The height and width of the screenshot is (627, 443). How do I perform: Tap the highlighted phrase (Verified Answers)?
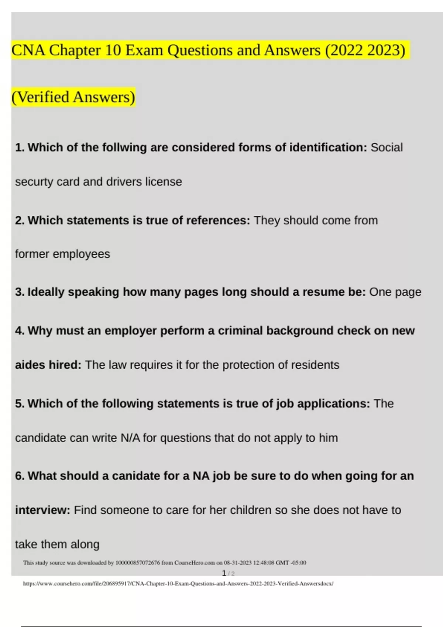click(73, 97)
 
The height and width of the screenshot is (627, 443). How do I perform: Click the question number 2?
click(20, 221)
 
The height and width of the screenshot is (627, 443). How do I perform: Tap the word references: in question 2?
click(218, 221)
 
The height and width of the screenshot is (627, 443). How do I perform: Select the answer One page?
click(395, 292)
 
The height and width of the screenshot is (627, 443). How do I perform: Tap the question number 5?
click(20, 404)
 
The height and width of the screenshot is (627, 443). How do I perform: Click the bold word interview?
click(42, 510)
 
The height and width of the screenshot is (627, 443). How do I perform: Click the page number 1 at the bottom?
click(224, 573)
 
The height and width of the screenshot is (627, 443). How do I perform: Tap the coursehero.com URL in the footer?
click(178, 584)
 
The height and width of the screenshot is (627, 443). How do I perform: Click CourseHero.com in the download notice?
click(195, 563)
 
